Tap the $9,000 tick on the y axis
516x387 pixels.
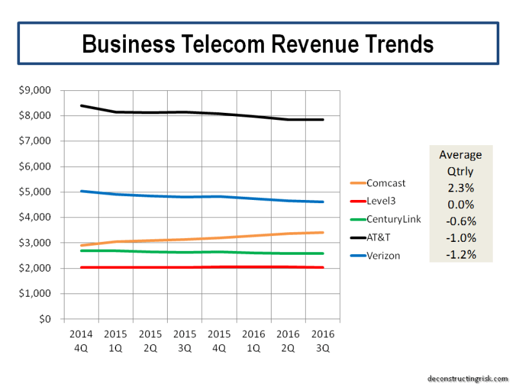tap(38, 90)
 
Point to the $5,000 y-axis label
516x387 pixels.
tap(38, 192)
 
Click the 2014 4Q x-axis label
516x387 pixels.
tap(81, 342)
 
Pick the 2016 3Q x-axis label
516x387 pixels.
tap(321, 342)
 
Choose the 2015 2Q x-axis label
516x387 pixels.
tap(150, 342)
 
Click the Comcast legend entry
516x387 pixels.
tap(386, 183)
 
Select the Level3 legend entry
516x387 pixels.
tap(382, 201)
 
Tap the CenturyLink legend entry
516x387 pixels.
tap(393, 219)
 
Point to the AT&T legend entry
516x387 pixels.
tap(379, 237)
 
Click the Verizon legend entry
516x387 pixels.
tap(383, 255)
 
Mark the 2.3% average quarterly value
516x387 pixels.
tap(461, 188)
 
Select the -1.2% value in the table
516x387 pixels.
tap(461, 254)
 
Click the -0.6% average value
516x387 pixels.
tap(461, 221)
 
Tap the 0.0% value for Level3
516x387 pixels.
tap(461, 204)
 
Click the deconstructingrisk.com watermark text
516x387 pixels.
tap(467, 379)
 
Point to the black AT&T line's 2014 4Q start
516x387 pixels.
tap(81, 106)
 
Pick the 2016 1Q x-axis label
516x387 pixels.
tap(253, 342)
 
